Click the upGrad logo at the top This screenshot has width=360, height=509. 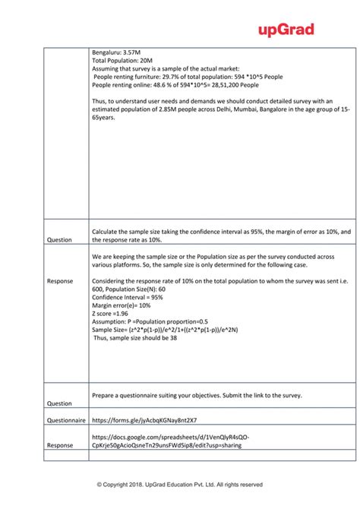[286, 30]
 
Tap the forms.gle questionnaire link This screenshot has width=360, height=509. [144, 419]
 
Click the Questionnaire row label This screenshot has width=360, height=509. [66, 419]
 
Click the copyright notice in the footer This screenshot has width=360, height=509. [179, 484]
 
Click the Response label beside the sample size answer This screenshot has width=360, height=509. [60, 281]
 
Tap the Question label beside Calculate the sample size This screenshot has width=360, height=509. [58, 239]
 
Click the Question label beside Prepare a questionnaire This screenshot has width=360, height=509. [58, 403]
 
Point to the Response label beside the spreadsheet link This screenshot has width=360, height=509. [60, 446]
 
